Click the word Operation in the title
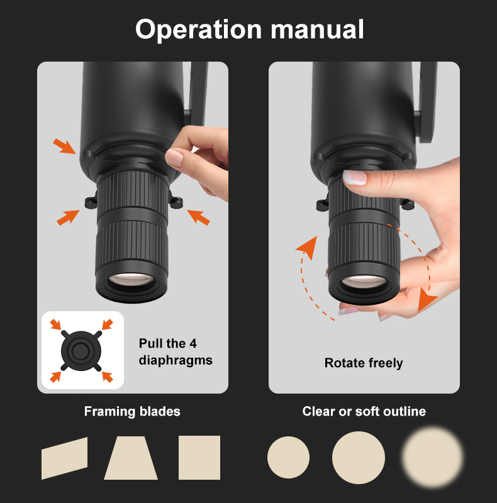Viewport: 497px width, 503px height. [198, 30]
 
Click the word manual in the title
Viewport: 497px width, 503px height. [317, 30]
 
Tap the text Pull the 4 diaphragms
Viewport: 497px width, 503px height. [176, 351]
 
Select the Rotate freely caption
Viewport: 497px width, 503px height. [364, 363]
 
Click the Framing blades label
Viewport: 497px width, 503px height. [132, 412]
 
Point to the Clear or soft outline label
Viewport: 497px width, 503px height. [364, 411]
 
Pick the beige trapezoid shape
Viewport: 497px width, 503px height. [131, 458]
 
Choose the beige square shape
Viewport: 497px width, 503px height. [199, 458]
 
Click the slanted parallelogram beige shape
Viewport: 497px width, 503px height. [65, 458]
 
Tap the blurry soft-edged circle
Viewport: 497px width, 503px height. [432, 457]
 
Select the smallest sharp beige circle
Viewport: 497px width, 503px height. [288, 458]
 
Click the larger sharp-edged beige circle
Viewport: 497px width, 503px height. [359, 458]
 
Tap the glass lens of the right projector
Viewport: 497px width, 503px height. [364, 281]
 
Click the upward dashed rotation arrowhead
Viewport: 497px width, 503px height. [308, 247]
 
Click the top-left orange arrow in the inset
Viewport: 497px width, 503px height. [56, 324]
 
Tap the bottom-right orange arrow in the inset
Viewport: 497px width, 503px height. [107, 377]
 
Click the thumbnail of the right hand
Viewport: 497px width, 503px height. [355, 177]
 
